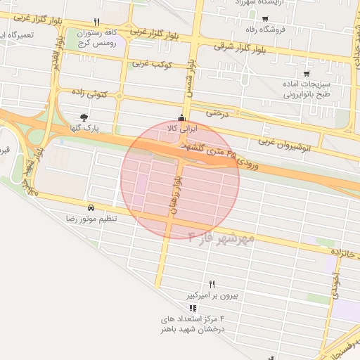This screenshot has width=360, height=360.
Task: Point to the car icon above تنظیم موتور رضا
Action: pyautogui.click(x=91, y=208)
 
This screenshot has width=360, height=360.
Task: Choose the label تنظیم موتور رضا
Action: pyautogui.click(x=91, y=219)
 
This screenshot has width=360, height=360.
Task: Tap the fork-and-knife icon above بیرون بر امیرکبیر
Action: pyautogui.click(x=212, y=284)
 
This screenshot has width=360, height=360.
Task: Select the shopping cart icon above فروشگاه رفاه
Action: pyautogui.click(x=265, y=19)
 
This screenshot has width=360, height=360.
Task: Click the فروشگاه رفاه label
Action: pyautogui.click(x=265, y=30)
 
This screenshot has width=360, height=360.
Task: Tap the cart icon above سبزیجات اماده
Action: pyautogui.click(x=307, y=72)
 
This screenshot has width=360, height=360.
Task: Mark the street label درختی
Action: pyautogui.click(x=218, y=112)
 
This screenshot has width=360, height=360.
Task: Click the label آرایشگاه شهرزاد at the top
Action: pyautogui.click(x=261, y=3)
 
